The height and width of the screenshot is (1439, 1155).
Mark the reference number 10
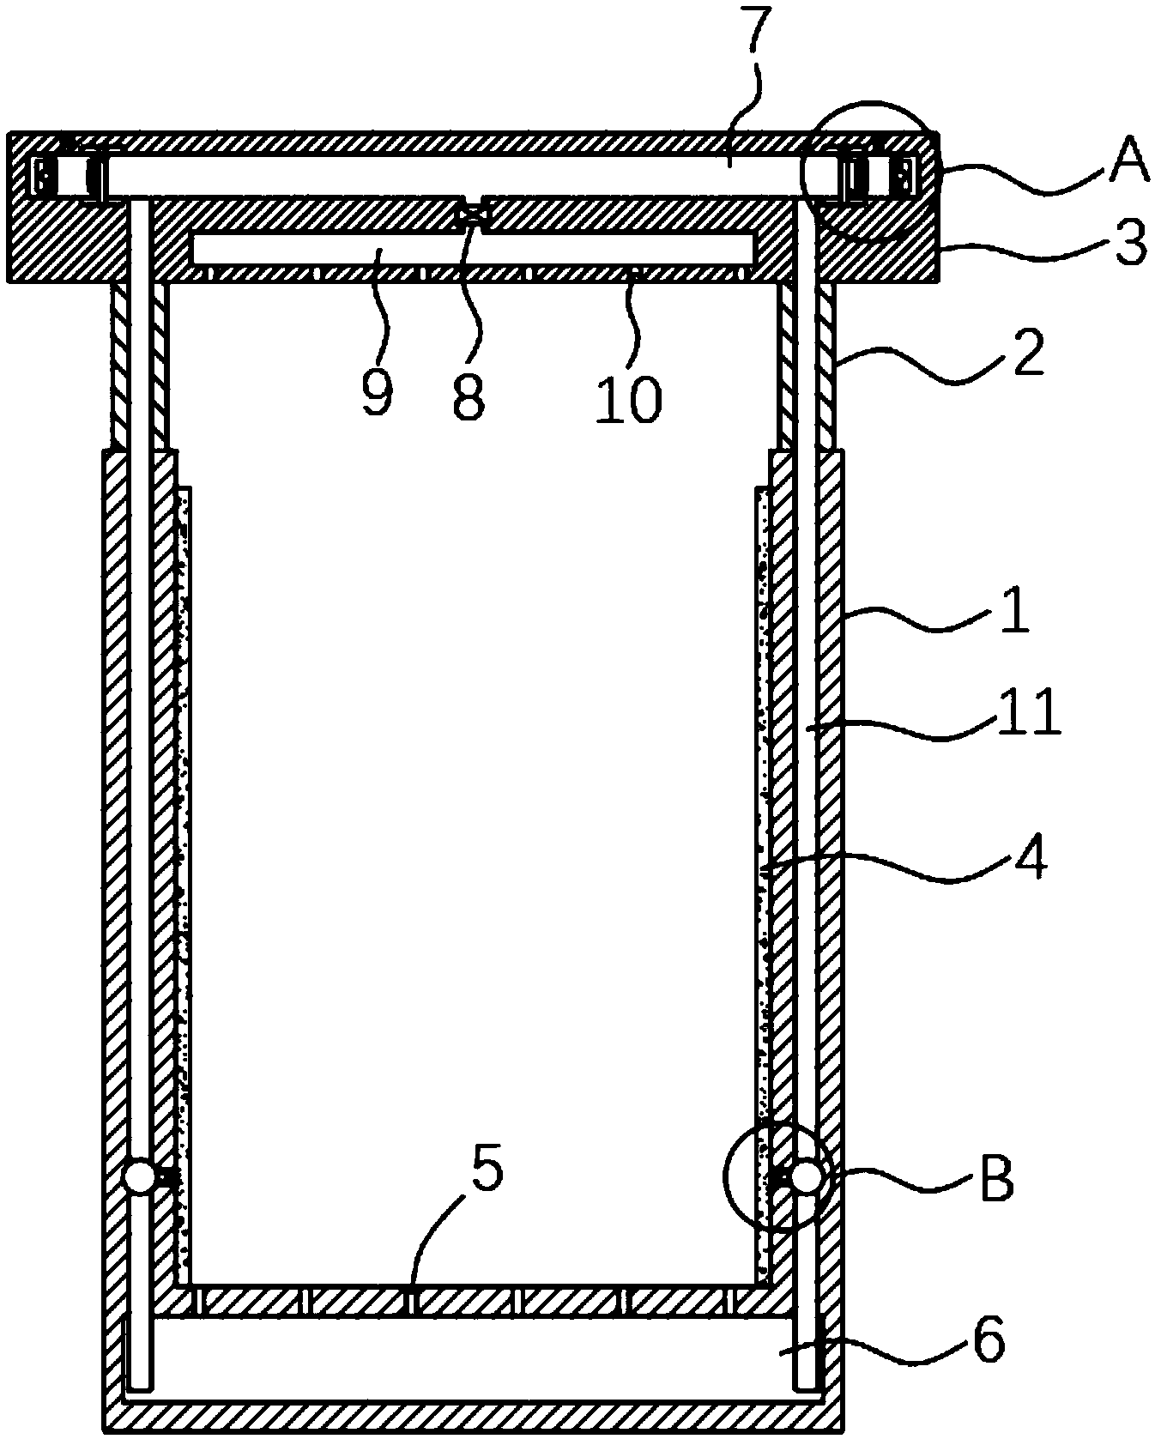(629, 400)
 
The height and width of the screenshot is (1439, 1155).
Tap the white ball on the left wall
(140, 1176)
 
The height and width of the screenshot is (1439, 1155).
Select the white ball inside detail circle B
(807, 1176)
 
